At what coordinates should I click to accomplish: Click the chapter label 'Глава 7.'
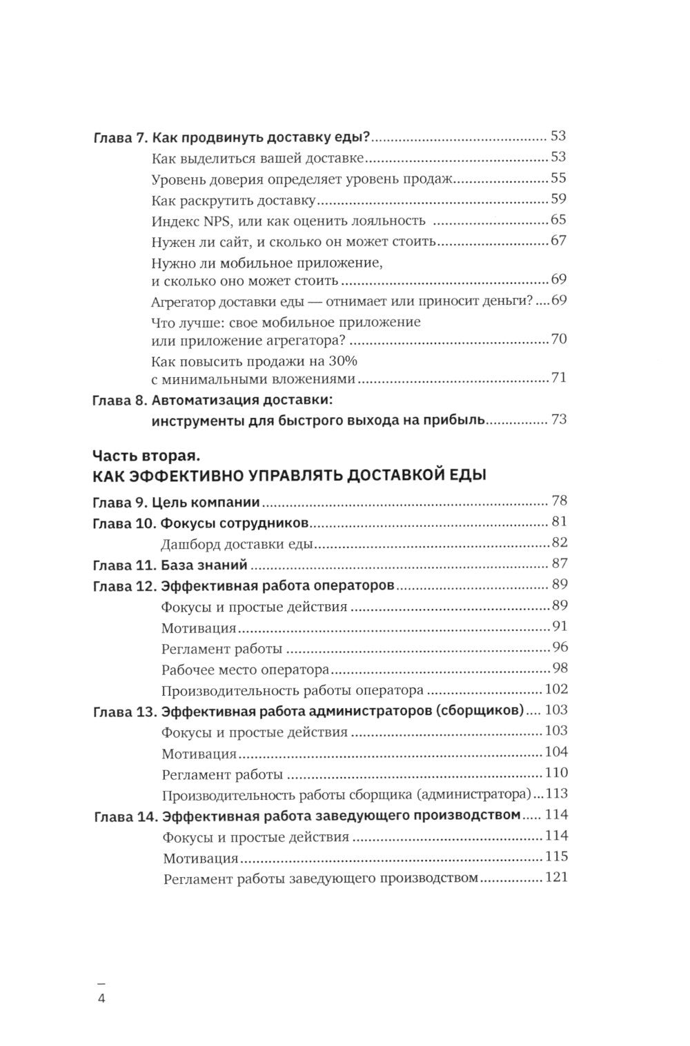coord(119,137)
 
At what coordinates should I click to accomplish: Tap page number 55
coord(558,179)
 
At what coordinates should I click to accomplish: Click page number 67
coord(558,242)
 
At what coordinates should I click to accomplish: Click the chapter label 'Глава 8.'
coord(119,400)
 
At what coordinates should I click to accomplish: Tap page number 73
coord(558,419)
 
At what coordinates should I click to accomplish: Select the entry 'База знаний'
coord(204,565)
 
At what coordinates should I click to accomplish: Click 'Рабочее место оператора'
coord(245,670)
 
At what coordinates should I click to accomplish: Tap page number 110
coord(555,772)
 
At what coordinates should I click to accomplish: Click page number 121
coord(555,878)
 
